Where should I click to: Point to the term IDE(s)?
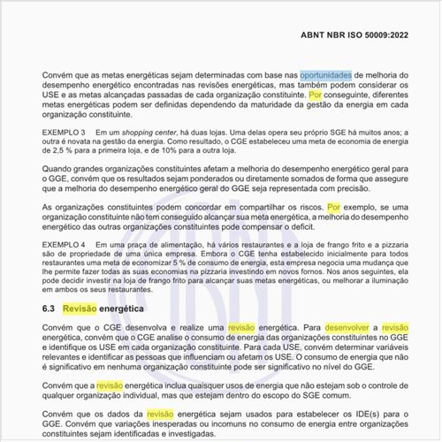(x=362, y=414)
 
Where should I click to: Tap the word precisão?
(x=335, y=187)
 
